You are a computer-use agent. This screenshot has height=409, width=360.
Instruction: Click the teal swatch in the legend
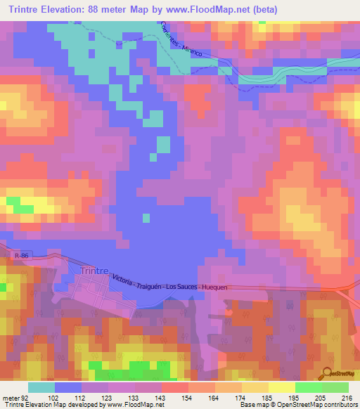coord(41,387)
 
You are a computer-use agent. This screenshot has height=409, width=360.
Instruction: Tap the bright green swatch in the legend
coord(308,387)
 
